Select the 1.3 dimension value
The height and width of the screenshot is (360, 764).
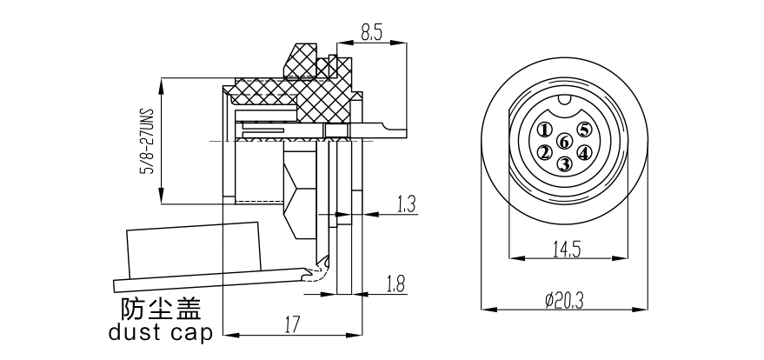[406, 204]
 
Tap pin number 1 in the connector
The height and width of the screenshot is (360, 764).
[544, 130]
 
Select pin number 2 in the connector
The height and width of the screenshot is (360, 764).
[545, 153]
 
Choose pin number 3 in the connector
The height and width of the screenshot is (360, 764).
[564, 163]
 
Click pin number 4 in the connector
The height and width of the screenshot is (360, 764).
[584, 153]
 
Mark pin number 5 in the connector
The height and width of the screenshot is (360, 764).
[584, 130]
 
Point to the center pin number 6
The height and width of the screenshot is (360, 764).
[564, 142]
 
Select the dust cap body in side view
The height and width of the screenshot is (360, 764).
[196, 252]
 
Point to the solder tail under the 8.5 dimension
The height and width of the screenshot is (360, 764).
[382, 130]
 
